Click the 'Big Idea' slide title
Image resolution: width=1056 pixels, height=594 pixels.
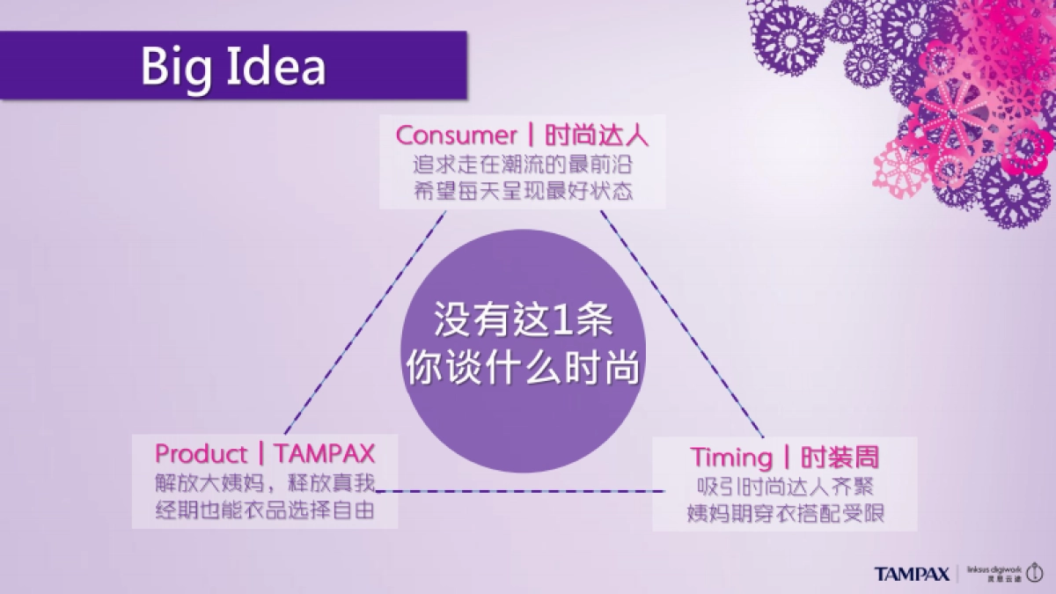pos(233,67)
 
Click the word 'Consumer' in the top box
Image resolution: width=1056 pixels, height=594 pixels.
pos(456,136)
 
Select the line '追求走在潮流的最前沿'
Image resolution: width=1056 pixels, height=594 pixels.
pos(523,164)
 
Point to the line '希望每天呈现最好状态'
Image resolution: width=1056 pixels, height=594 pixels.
pos(523,191)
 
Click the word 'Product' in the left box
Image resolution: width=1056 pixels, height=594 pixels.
pos(202,454)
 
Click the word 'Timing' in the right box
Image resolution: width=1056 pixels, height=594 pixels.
pos(730,458)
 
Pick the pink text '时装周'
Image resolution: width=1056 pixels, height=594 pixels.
pos(840,458)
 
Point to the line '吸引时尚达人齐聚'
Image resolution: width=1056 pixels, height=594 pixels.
pos(785,486)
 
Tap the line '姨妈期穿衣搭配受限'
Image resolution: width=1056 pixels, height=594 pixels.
pos(785,513)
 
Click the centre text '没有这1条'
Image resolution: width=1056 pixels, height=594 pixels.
pos(523,321)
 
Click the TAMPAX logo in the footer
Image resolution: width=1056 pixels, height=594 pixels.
pos(912,574)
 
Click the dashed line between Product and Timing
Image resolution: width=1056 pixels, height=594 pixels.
pos(524,491)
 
